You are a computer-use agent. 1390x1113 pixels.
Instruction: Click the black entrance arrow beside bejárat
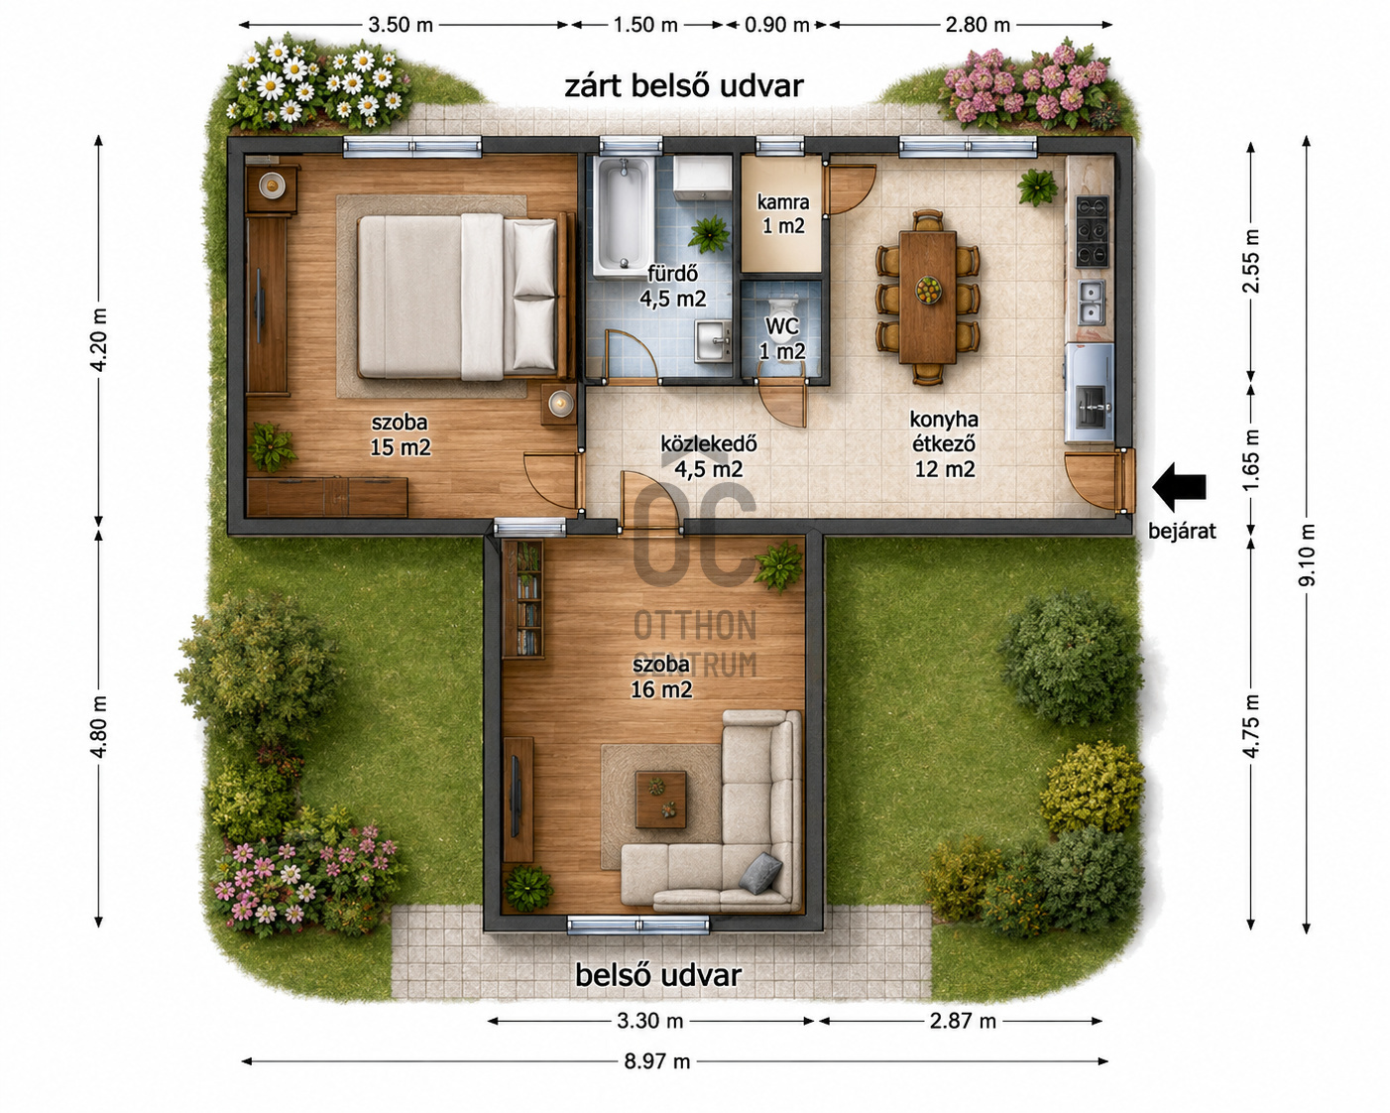(x=1179, y=487)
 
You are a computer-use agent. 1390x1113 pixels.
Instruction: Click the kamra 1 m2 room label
(x=783, y=213)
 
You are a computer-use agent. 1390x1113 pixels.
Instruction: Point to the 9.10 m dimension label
(x=1306, y=556)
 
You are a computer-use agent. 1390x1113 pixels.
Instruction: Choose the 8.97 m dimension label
(x=657, y=1061)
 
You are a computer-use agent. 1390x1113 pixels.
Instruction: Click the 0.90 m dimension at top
(x=776, y=25)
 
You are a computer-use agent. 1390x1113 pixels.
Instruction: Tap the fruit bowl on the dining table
(x=928, y=289)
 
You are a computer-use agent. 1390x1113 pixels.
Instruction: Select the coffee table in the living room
(x=660, y=799)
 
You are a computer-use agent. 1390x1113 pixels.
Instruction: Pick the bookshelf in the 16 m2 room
(x=522, y=599)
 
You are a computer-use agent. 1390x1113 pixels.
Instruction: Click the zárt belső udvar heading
(x=684, y=86)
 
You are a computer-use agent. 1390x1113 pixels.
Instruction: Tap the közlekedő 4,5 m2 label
(x=709, y=456)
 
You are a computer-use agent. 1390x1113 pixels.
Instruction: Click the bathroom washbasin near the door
(x=713, y=340)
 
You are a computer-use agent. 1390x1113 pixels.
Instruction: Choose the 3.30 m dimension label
(x=649, y=1021)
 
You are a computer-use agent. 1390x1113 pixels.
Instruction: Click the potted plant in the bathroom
(x=709, y=233)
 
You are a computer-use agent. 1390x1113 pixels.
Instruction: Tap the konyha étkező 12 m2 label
(x=944, y=443)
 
